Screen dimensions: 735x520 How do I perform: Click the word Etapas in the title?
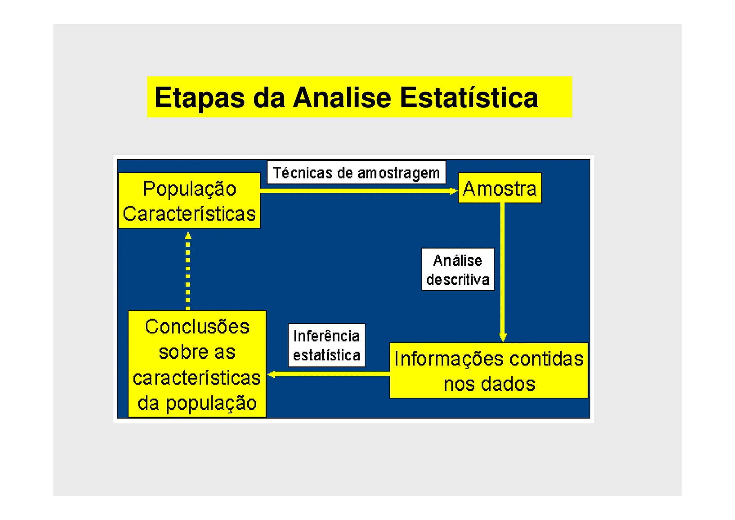pos(199,98)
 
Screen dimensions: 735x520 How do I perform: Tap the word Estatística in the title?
pos(469,98)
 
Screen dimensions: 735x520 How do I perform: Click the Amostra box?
pos(500,188)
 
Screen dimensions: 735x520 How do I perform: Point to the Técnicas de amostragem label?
pos(356,173)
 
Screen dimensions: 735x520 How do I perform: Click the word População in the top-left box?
pos(189,189)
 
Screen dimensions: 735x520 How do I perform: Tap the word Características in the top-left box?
pos(189,214)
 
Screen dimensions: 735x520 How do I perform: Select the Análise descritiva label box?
pos(458,270)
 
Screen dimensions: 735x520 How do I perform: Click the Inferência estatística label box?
pos(327,345)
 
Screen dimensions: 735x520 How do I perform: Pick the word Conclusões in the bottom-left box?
pos(197,327)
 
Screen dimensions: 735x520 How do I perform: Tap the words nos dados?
pos(489,384)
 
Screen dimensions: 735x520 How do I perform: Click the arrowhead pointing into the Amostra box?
pos(454,191)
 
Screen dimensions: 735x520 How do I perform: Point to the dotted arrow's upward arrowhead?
pos(188,236)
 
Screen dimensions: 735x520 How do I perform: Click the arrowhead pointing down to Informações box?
pos(503,338)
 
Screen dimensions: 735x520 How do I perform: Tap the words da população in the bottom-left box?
pos(197,403)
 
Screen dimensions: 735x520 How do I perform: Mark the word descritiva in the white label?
pos(458,280)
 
